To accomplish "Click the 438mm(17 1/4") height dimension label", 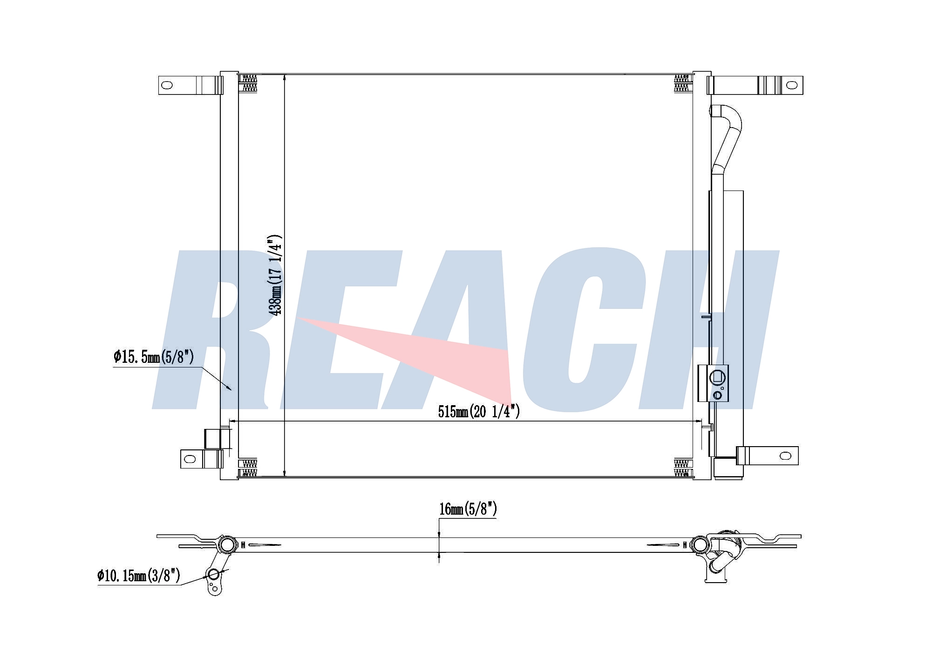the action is pos(277,275).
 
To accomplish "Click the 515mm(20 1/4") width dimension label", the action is pos(479,411).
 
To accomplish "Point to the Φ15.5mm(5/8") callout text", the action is pos(153,357).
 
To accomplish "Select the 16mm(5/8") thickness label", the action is pos(468,509).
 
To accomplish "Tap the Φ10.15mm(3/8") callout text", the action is pos(139,576).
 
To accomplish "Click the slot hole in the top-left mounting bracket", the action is pos(166,85).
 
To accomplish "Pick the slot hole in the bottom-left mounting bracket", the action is pos(190,459).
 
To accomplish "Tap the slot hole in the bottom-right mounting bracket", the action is pos(786,455).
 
